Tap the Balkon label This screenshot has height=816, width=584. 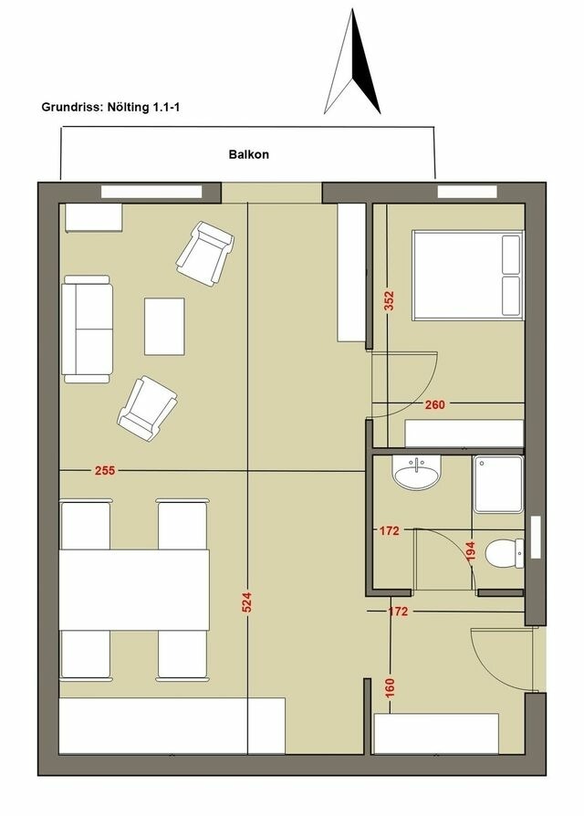(x=248, y=155)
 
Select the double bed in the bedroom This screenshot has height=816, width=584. (x=467, y=275)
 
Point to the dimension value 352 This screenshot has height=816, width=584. (x=389, y=302)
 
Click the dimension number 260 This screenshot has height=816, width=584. (x=434, y=405)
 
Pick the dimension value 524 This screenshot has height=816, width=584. (x=246, y=603)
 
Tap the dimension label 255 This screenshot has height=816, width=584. (x=105, y=471)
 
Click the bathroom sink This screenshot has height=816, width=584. (x=415, y=473)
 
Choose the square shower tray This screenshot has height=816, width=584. (x=498, y=484)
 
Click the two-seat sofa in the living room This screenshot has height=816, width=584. (x=86, y=329)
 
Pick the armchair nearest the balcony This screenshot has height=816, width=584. (x=204, y=252)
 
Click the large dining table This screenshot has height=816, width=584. (x=134, y=588)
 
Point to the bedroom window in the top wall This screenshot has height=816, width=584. (x=467, y=192)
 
